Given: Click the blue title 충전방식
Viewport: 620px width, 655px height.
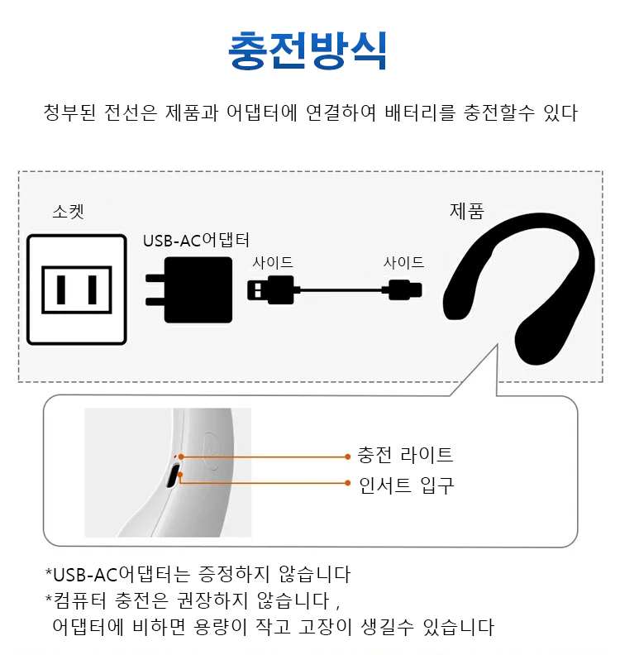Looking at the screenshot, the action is [308, 50].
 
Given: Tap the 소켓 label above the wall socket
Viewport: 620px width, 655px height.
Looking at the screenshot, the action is [68, 212].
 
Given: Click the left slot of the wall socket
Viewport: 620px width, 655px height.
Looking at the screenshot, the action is [61, 289].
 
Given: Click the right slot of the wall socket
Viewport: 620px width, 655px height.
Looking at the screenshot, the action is [93, 289].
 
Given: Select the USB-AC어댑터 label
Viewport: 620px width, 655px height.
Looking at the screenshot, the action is [196, 240].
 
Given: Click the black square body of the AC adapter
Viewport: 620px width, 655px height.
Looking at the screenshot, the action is [198, 290].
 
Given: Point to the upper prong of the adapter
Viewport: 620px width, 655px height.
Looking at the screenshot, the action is [155, 278].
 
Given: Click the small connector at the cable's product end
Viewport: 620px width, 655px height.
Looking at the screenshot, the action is [405, 290].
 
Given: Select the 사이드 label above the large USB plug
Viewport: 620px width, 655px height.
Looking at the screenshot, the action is [273, 262].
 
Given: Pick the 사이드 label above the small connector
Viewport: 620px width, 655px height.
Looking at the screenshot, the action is [403, 262].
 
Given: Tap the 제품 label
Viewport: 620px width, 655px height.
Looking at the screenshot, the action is [467, 211].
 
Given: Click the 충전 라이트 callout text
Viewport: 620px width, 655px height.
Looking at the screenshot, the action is [405, 455].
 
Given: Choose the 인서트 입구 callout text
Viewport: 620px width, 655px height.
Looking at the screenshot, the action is [406, 485].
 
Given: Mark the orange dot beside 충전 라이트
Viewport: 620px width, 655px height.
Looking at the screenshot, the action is [348, 457].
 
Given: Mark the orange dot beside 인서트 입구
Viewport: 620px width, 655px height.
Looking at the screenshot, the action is [348, 483].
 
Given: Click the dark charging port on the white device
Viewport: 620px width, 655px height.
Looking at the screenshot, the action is [173, 476].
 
